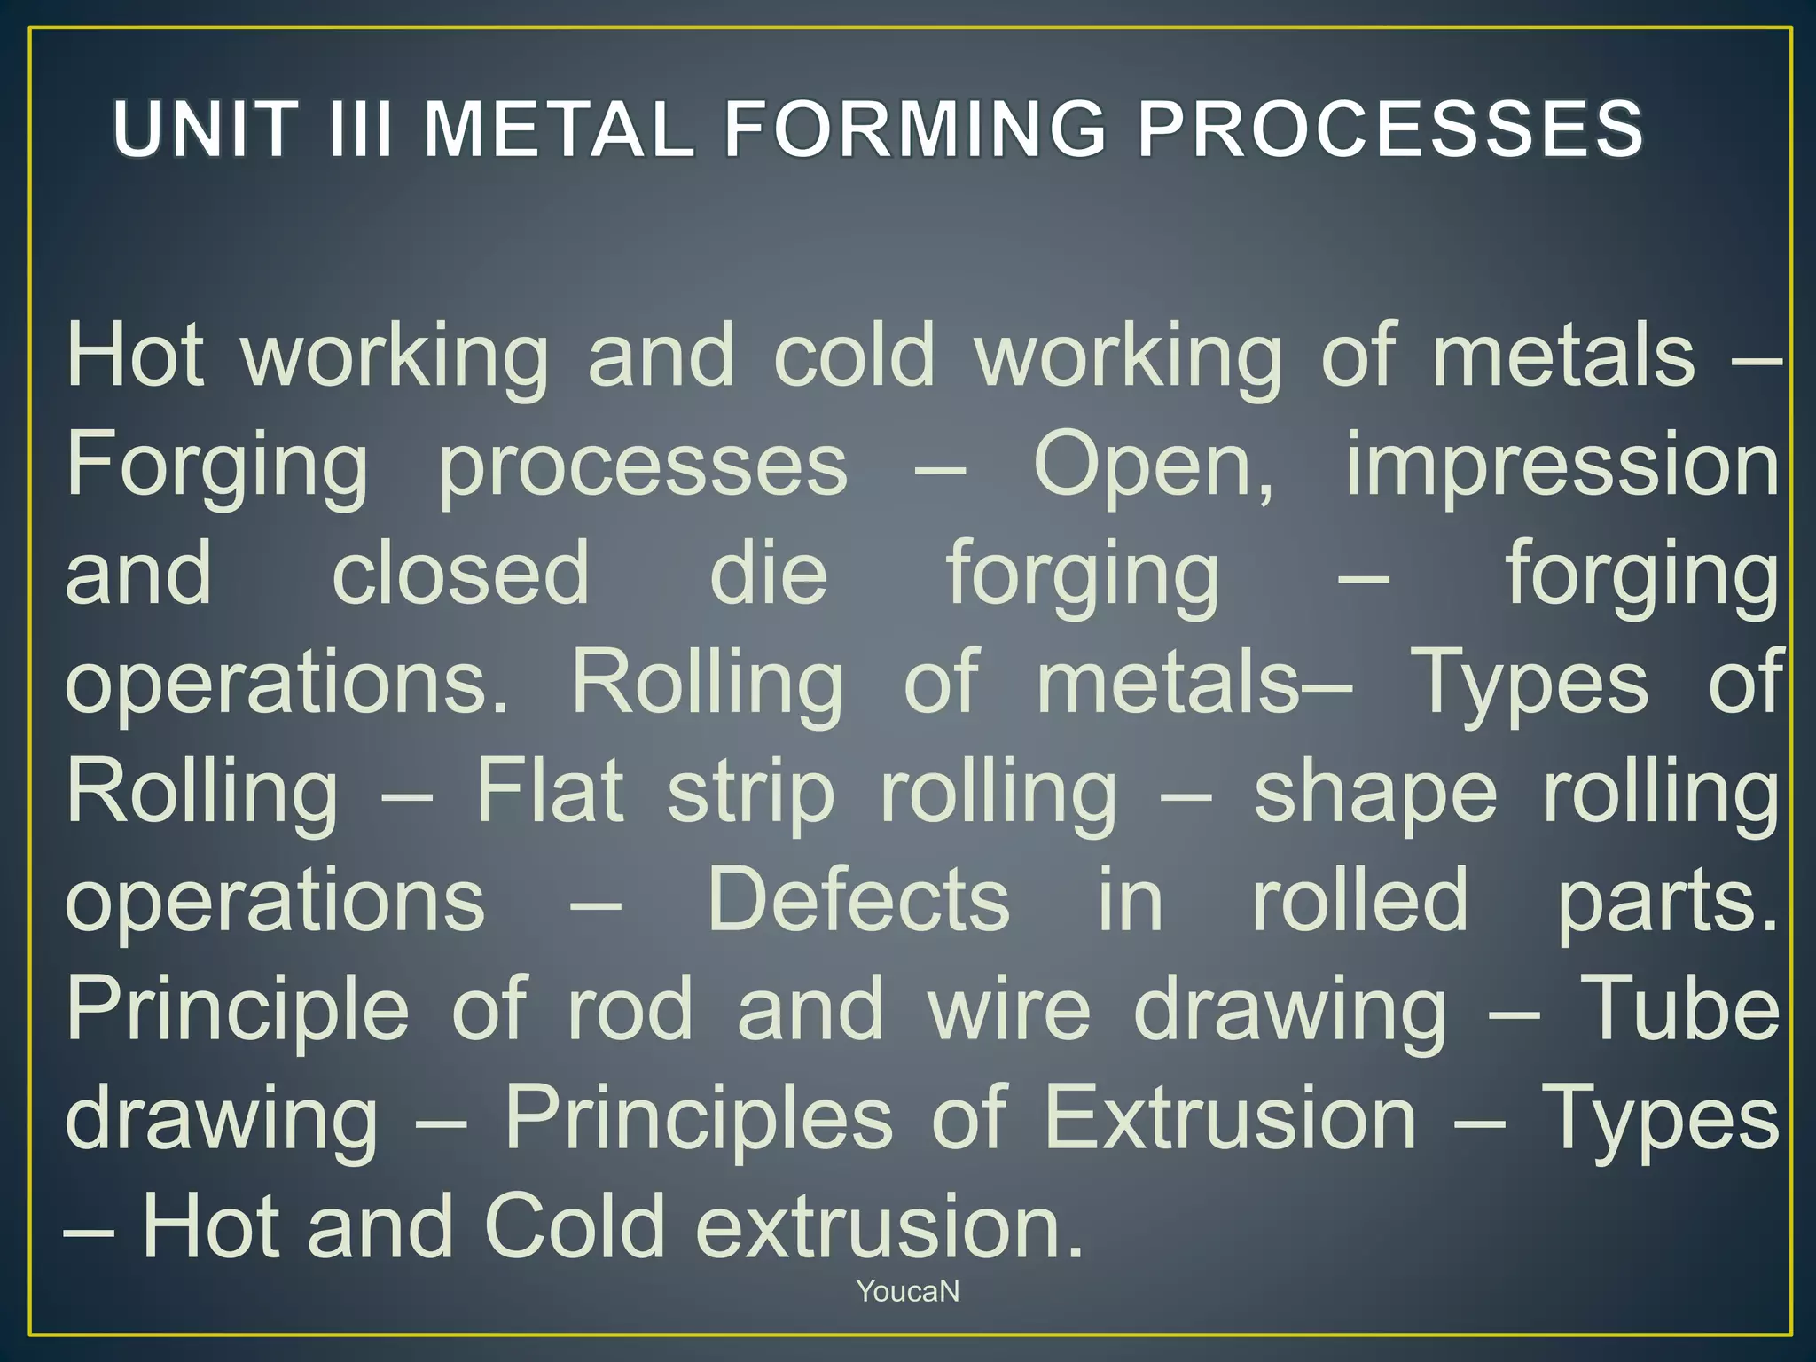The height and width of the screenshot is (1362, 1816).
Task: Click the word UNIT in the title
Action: click(205, 129)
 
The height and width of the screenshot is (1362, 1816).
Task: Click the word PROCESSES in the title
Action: click(1390, 129)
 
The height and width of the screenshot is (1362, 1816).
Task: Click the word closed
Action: click(460, 574)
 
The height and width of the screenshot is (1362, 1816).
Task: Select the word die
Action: click(769, 574)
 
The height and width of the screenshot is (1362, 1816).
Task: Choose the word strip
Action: click(751, 794)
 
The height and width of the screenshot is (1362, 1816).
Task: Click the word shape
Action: click(1375, 794)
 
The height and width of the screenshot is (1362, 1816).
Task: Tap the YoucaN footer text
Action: click(908, 1291)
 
